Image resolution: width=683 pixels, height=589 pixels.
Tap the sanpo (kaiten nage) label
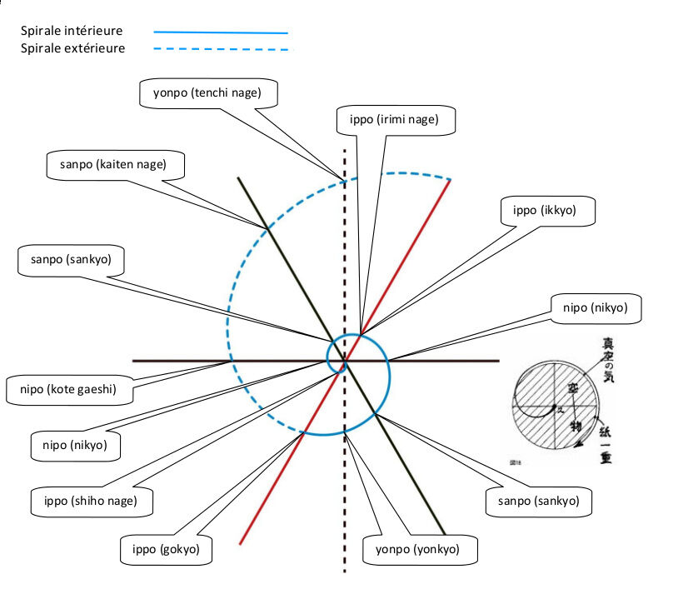click(112, 164)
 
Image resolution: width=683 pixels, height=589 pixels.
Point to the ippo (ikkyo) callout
click(550, 211)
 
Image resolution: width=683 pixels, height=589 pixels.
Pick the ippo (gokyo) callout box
click(166, 550)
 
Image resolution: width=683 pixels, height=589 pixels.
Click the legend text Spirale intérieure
click(72, 31)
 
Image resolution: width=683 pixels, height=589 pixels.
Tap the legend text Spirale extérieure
click(73, 48)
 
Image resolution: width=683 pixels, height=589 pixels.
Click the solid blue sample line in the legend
click(221, 32)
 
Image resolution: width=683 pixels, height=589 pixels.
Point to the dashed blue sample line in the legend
click(221, 49)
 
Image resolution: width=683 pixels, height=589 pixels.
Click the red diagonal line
click(408, 250)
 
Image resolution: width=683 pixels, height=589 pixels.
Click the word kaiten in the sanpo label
click(117, 164)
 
